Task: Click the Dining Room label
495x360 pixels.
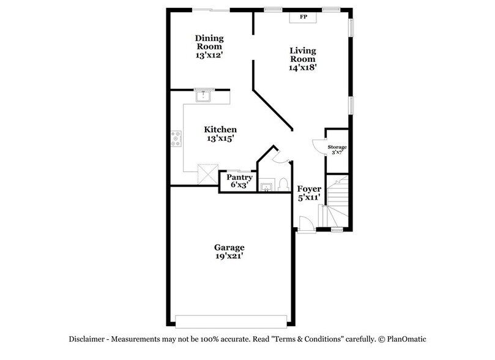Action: click(x=208, y=47)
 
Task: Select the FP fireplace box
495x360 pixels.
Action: click(x=303, y=17)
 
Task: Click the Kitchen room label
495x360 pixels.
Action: click(x=220, y=133)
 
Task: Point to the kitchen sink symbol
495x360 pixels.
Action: click(x=203, y=96)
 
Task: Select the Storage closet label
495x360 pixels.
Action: click(x=337, y=150)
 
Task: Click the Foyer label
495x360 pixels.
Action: click(x=308, y=193)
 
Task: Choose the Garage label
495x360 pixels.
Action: click(x=229, y=252)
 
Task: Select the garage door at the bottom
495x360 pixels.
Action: click(x=231, y=320)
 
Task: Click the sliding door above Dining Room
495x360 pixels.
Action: click(x=211, y=9)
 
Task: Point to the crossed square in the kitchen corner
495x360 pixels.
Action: click(x=209, y=173)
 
